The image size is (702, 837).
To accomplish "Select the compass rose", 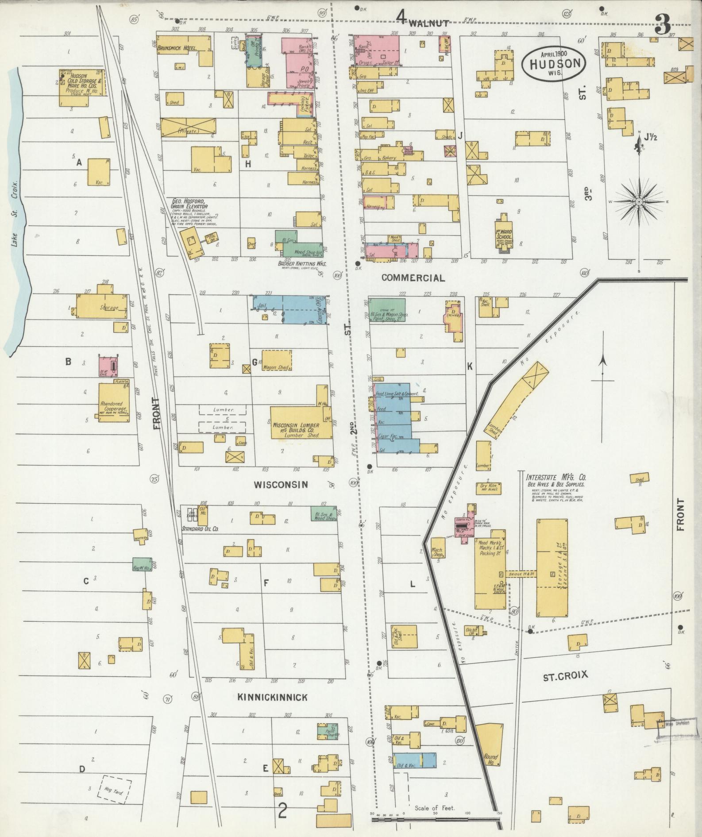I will pyautogui.click(x=639, y=202).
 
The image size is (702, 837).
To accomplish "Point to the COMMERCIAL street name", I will pyautogui.click(x=413, y=278).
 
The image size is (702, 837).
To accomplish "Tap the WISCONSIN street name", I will pyautogui.click(x=280, y=485).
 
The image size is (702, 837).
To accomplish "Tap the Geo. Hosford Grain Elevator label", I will pyautogui.click(x=189, y=204).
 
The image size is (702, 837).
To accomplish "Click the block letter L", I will pyautogui.click(x=412, y=584).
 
